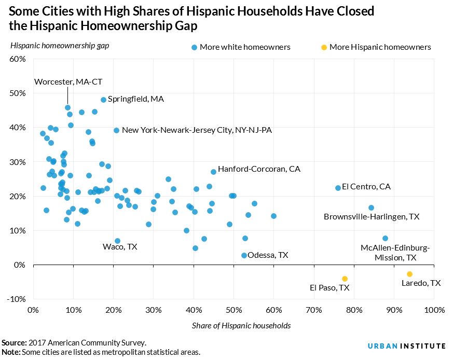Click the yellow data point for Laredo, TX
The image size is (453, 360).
(409, 274)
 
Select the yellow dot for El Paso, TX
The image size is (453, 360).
(345, 279)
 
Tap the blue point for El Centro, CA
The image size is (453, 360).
(338, 188)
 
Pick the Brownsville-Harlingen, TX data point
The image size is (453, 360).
(371, 207)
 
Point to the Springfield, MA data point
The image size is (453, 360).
(103, 100)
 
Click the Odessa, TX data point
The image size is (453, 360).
(244, 255)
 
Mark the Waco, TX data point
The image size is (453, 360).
(117, 241)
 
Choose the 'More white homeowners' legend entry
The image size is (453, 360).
(241, 47)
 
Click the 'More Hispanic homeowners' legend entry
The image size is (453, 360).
(376, 47)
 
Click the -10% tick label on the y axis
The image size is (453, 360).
(16, 299)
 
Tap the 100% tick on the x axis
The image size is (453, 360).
(434, 310)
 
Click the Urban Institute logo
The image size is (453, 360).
(406, 346)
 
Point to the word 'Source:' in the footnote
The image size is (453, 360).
(14, 343)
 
